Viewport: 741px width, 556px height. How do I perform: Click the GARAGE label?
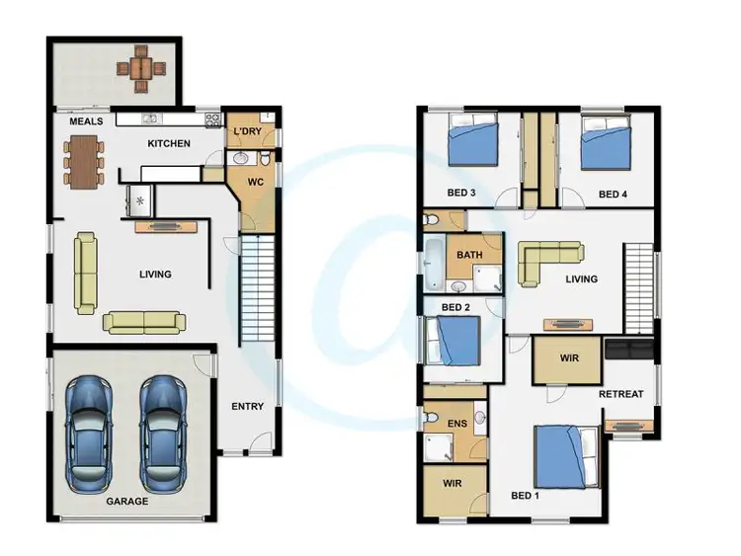pyautogui.click(x=127, y=502)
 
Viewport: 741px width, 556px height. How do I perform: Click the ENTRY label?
pyautogui.click(x=247, y=407)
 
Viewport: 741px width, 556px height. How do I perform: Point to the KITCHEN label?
pyautogui.click(x=169, y=144)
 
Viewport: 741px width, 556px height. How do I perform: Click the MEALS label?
pyautogui.click(x=87, y=122)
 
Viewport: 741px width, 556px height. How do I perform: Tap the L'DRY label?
pyautogui.click(x=246, y=132)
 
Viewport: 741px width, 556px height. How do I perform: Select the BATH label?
pyautogui.click(x=469, y=256)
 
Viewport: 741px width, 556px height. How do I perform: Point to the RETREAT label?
pyautogui.click(x=620, y=394)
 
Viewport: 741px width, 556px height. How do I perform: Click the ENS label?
pyautogui.click(x=456, y=425)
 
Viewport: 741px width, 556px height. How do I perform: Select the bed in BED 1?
pyautogui.click(x=566, y=456)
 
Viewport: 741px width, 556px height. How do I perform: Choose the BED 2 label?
pyautogui.click(x=455, y=308)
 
